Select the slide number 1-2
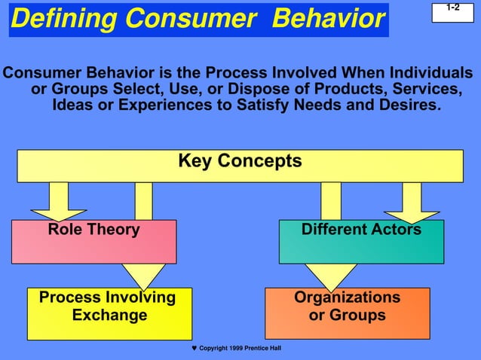(x=452, y=8)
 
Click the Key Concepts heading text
(x=240, y=161)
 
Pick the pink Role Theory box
(x=93, y=241)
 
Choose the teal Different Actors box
(x=361, y=241)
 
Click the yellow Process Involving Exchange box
(x=109, y=313)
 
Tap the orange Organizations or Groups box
(x=347, y=313)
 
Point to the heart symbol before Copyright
(x=194, y=349)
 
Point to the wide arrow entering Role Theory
(x=59, y=201)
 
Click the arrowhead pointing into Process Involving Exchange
(x=143, y=275)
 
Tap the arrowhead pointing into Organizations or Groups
(x=331, y=275)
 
